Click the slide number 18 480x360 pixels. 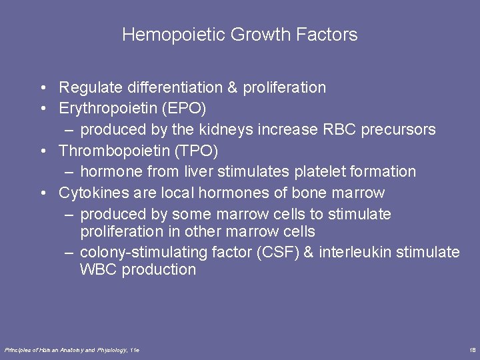point(472,350)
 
